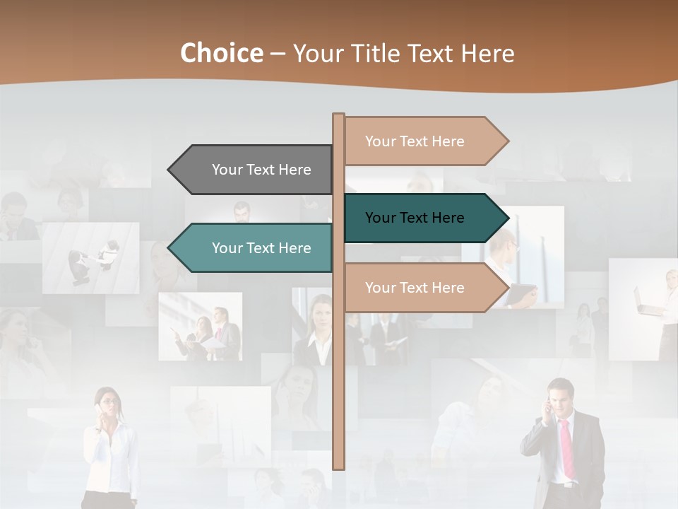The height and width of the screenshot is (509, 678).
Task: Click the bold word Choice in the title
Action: point(221,53)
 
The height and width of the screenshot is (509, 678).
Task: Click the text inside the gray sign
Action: point(261,170)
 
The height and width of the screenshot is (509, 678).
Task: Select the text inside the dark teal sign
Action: point(415,218)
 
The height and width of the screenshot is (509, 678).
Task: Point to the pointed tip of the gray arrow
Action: point(169,170)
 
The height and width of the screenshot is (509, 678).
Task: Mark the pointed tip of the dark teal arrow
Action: point(507,218)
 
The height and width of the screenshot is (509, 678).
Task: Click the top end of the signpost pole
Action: point(338,115)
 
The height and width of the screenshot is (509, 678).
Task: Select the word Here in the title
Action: point(487,53)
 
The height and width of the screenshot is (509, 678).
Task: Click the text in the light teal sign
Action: point(261,248)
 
